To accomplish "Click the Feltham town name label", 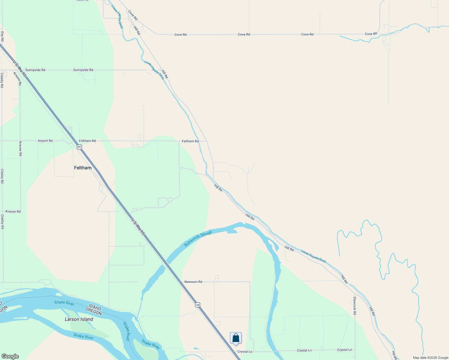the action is coord(83,168).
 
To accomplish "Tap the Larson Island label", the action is coord(79,319).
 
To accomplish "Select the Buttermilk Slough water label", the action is coord(198,239).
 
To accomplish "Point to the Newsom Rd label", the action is coord(193,282).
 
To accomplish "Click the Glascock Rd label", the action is coord(355,306).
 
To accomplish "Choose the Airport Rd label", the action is coord(45,141).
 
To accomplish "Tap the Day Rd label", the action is coord(2,36).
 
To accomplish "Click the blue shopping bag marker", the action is coord(236,338).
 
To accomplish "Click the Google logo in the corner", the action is coord(10,356).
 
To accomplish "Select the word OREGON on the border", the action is coord(94,312).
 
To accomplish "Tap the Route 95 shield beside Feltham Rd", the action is coord(79,147).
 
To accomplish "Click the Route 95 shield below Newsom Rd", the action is coord(197,305).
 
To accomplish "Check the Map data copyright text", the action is coord(430,358).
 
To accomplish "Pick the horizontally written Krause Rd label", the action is coord(13,211).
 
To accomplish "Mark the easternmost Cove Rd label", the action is coord(371,34).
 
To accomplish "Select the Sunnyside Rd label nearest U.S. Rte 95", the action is coord(35,70).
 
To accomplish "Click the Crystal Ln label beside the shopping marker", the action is coord(245,352).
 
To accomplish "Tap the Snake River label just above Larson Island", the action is coord(64,303).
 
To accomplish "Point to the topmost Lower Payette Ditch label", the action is coord(117,17).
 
